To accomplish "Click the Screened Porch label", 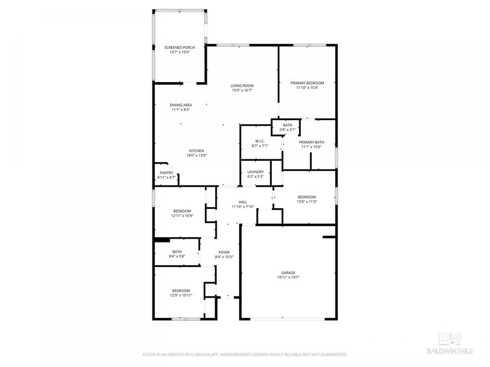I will click(x=180, y=48).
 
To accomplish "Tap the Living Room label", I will click(x=242, y=86).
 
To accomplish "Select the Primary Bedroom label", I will click(x=310, y=83).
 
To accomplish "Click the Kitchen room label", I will click(x=197, y=151).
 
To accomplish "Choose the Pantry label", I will click(x=166, y=173).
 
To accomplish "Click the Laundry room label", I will click(x=255, y=172).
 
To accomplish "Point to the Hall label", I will click(x=243, y=202).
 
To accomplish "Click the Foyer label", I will click(x=224, y=252).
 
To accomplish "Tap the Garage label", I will click(x=288, y=273).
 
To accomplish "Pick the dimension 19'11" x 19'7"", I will click(x=288, y=277).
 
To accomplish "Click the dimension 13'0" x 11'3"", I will click(x=307, y=201).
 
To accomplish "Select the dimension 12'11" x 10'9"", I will click(x=182, y=215).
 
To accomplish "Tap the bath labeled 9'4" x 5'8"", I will click(x=177, y=254).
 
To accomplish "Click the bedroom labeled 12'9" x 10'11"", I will click(x=181, y=293).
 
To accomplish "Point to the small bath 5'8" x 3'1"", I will click(x=287, y=127).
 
